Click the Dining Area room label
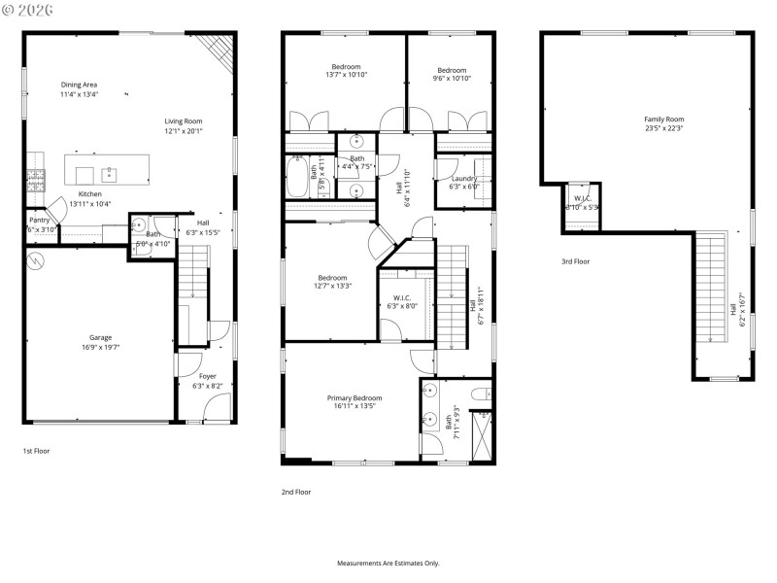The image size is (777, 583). click(x=79, y=85)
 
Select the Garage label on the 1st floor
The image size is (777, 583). click(x=100, y=338)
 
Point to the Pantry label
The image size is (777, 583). click(x=39, y=221)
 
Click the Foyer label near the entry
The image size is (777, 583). click(x=208, y=376)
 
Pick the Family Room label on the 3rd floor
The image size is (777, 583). click(x=663, y=119)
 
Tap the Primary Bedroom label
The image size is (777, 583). click(x=354, y=398)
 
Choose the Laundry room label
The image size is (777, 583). click(x=463, y=179)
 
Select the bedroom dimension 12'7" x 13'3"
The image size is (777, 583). click(x=332, y=286)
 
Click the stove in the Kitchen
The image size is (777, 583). click(x=36, y=179)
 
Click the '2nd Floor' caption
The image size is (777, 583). click(x=296, y=493)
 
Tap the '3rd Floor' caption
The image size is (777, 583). click(x=575, y=261)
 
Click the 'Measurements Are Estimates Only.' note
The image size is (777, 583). click(x=388, y=564)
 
